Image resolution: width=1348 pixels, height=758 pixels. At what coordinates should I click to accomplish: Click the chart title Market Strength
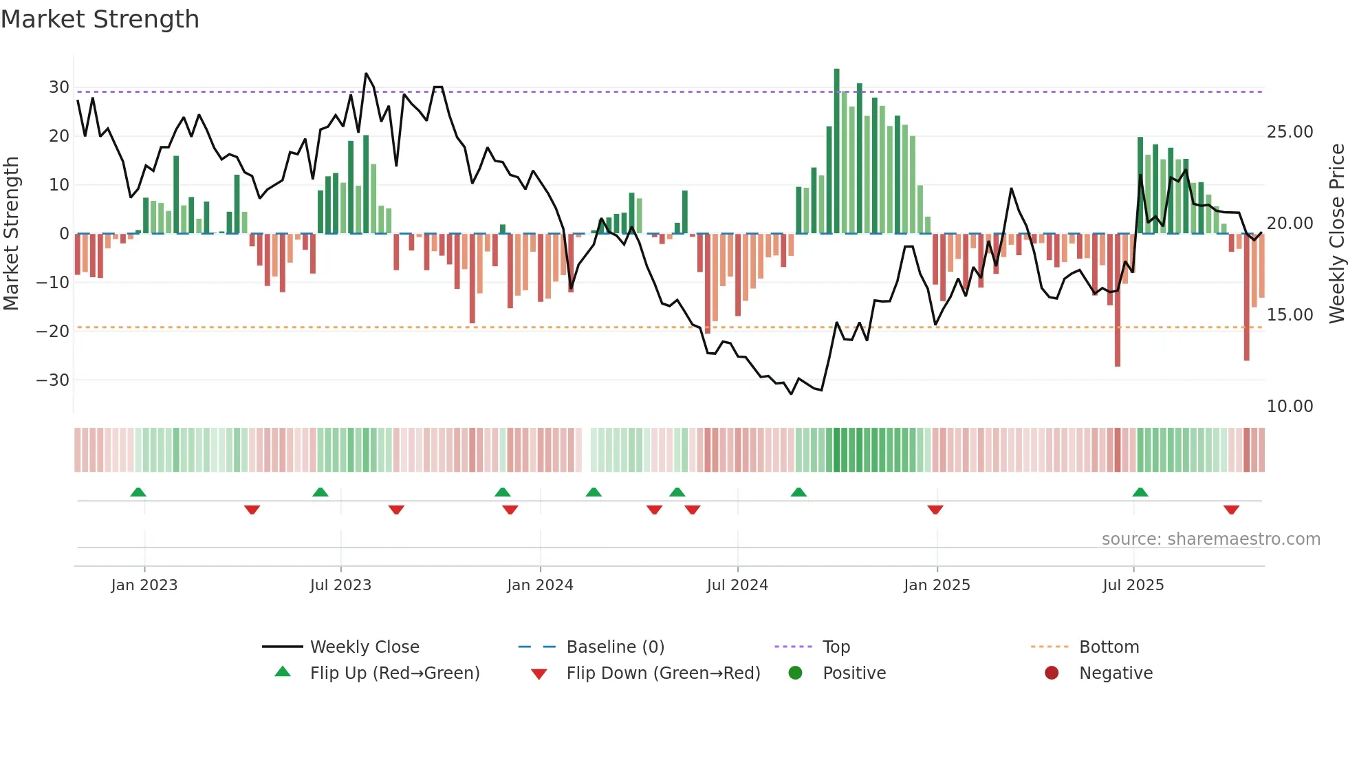click(100, 19)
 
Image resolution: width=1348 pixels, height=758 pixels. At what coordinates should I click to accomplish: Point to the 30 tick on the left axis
click(59, 87)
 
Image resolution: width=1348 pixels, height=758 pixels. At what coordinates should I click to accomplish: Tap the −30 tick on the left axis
click(54, 380)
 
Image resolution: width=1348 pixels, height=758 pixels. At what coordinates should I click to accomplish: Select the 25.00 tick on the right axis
click(1290, 132)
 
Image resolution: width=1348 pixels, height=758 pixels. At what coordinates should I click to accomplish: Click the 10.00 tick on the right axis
click(1290, 407)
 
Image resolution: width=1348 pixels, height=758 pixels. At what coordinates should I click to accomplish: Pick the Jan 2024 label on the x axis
click(540, 585)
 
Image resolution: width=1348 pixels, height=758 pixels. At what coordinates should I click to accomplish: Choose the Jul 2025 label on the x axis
click(1133, 585)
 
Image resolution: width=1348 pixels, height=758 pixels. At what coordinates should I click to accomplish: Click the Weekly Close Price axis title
click(1336, 233)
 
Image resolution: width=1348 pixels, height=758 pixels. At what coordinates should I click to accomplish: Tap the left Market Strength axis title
click(12, 233)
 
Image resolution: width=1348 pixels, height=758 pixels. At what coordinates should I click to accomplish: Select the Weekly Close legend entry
click(365, 647)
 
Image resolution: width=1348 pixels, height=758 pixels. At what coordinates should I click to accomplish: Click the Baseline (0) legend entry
click(615, 647)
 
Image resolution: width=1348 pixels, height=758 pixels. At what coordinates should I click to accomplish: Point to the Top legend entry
click(836, 647)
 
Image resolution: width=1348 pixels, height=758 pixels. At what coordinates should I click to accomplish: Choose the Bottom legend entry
click(1109, 647)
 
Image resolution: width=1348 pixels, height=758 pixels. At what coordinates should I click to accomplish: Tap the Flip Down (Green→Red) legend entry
click(663, 673)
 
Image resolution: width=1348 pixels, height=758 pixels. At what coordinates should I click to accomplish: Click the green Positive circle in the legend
click(796, 673)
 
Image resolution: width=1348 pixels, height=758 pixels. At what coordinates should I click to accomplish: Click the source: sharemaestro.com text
click(1210, 539)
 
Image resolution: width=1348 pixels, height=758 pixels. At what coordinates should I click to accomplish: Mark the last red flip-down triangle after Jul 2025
click(1231, 510)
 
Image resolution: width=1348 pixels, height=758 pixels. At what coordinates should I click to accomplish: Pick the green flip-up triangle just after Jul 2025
click(1140, 492)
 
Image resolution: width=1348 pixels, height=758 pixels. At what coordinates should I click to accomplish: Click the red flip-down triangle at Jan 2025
click(935, 510)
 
